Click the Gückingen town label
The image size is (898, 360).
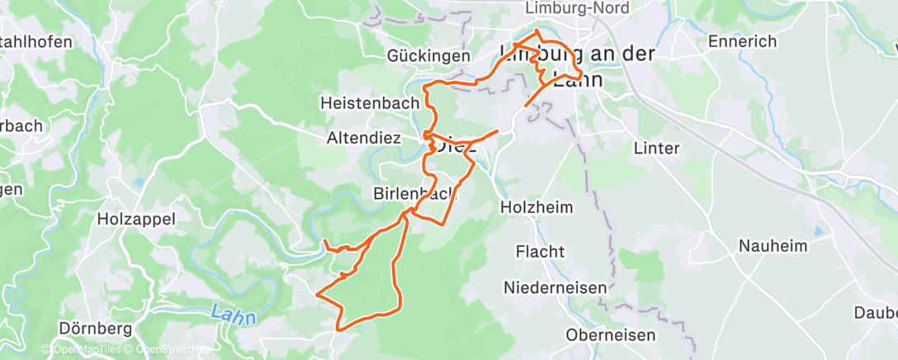click(428, 56)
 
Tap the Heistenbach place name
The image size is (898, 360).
click(370, 102)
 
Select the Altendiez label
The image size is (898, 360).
click(364, 140)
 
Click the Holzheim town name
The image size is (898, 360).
click(536, 208)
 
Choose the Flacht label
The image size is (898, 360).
click(540, 251)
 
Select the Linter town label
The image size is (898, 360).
click(656, 149)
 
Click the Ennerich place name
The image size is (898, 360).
click(743, 41)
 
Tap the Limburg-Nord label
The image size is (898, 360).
click(577, 7)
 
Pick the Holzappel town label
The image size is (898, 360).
click(136, 218)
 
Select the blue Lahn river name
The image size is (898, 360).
click(233, 315)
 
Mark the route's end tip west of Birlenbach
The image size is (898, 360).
click(324, 240)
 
